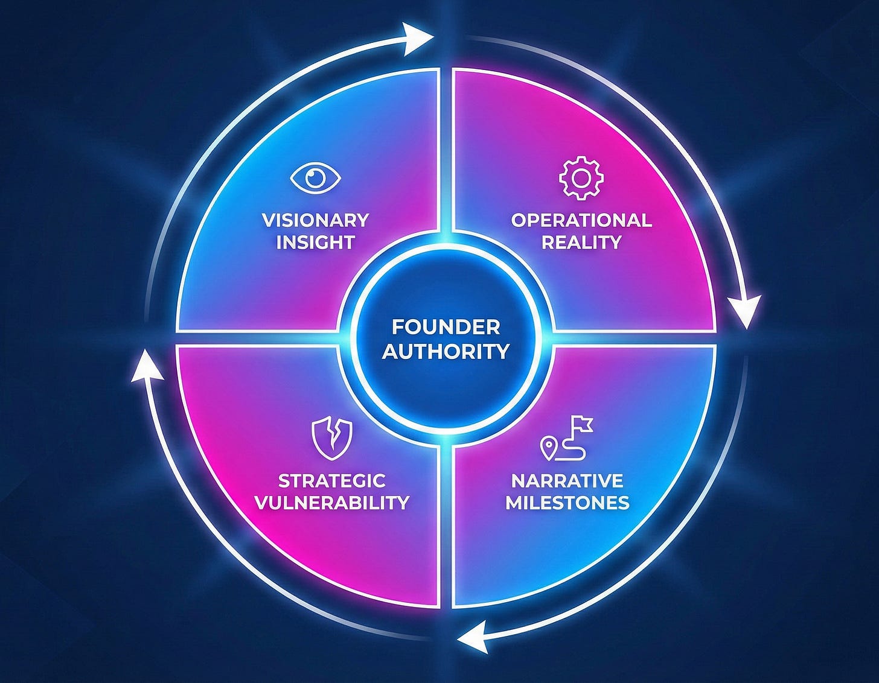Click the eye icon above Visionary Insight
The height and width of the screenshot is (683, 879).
click(x=315, y=177)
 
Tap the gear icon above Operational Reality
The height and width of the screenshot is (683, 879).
click(x=581, y=177)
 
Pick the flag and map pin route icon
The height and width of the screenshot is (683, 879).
click(x=566, y=437)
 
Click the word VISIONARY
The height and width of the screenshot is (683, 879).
click(x=315, y=220)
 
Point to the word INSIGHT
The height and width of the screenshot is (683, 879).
click(x=315, y=243)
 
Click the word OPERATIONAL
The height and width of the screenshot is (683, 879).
click(x=581, y=220)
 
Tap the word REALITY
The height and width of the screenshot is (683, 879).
click(x=581, y=243)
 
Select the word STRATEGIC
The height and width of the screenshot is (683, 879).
click(x=331, y=481)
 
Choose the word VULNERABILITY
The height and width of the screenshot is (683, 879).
click(x=331, y=503)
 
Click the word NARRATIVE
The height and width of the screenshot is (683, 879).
click(x=567, y=481)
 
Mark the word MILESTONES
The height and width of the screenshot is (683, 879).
click(x=567, y=503)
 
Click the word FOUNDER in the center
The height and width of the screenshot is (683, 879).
click(x=446, y=327)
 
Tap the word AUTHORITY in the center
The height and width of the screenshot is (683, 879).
click(x=446, y=351)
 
